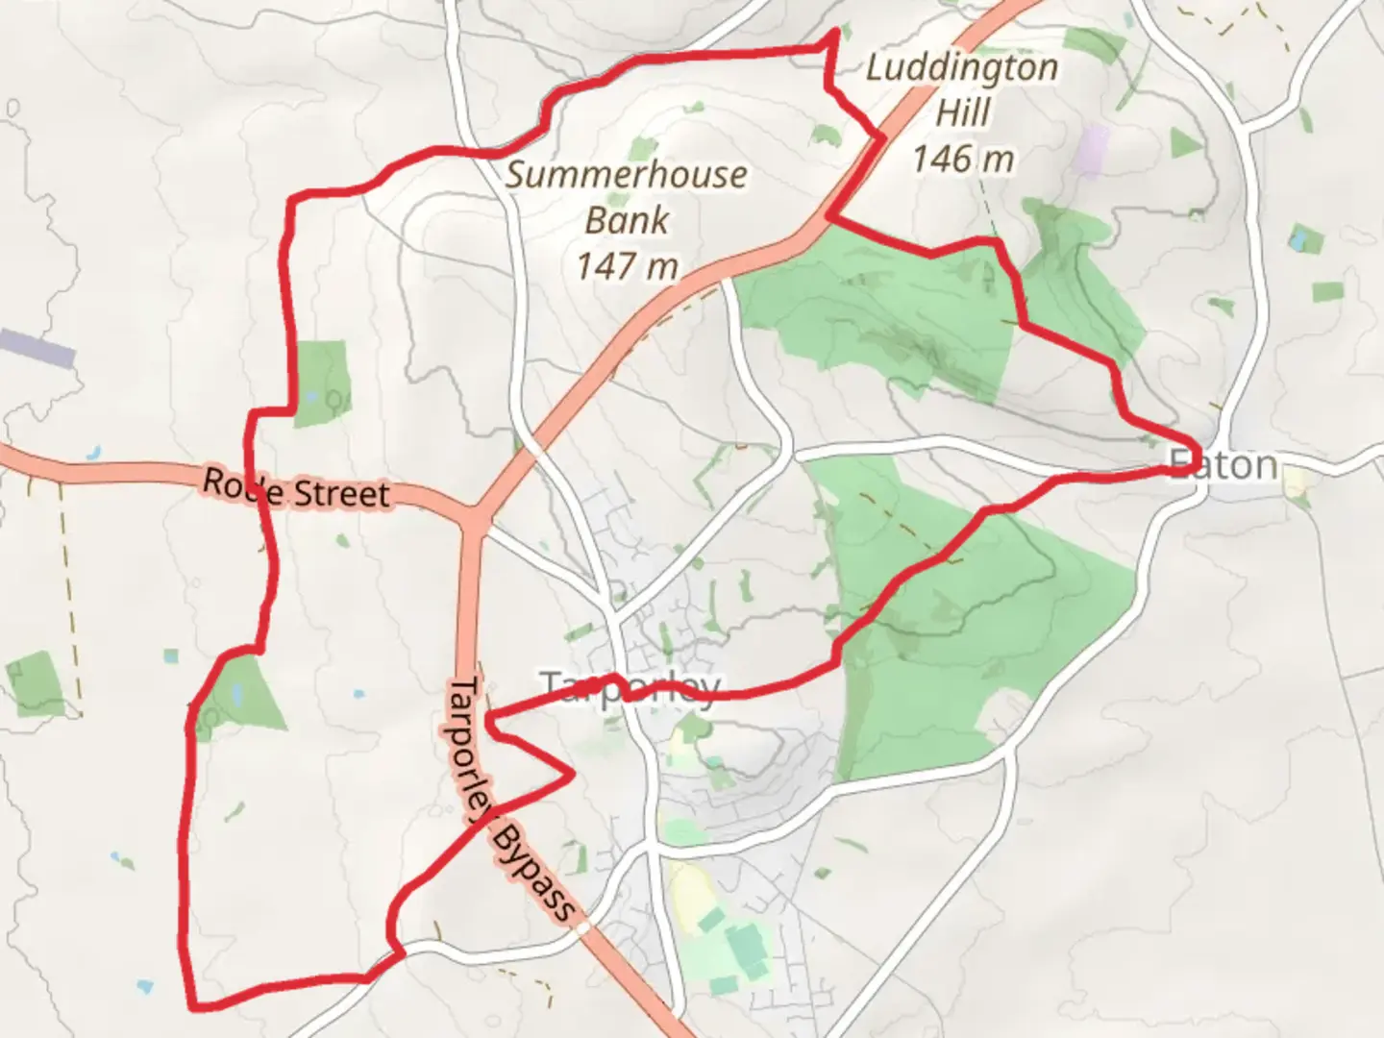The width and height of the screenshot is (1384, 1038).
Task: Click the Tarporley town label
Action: point(630,686)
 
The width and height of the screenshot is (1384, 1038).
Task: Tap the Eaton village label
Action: point(1226,465)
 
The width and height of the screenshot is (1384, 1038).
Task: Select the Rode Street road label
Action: point(296,489)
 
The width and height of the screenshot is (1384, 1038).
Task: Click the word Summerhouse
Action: point(627,175)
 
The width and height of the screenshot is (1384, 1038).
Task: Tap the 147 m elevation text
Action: point(627,265)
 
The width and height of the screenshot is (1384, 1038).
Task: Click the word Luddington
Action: point(961,67)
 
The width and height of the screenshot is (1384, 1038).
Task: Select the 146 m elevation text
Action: point(962,158)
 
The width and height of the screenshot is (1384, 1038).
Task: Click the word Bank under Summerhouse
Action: point(627,220)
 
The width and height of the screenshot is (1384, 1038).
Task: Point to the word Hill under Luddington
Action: point(962,112)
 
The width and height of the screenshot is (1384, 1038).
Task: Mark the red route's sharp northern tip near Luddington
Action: point(835,32)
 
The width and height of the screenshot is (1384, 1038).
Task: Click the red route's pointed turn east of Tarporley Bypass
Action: point(573,772)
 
